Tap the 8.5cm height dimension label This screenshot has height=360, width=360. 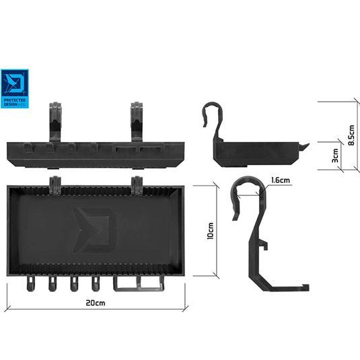[x=350, y=137]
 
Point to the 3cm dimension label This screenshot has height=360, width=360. [x=334, y=156]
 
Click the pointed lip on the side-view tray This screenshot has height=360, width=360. [x=304, y=146]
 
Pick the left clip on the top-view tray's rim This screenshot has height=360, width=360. [x=55, y=182]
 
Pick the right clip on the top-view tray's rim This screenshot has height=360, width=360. [x=139, y=182]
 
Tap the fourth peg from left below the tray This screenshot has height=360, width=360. [x=96, y=285]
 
